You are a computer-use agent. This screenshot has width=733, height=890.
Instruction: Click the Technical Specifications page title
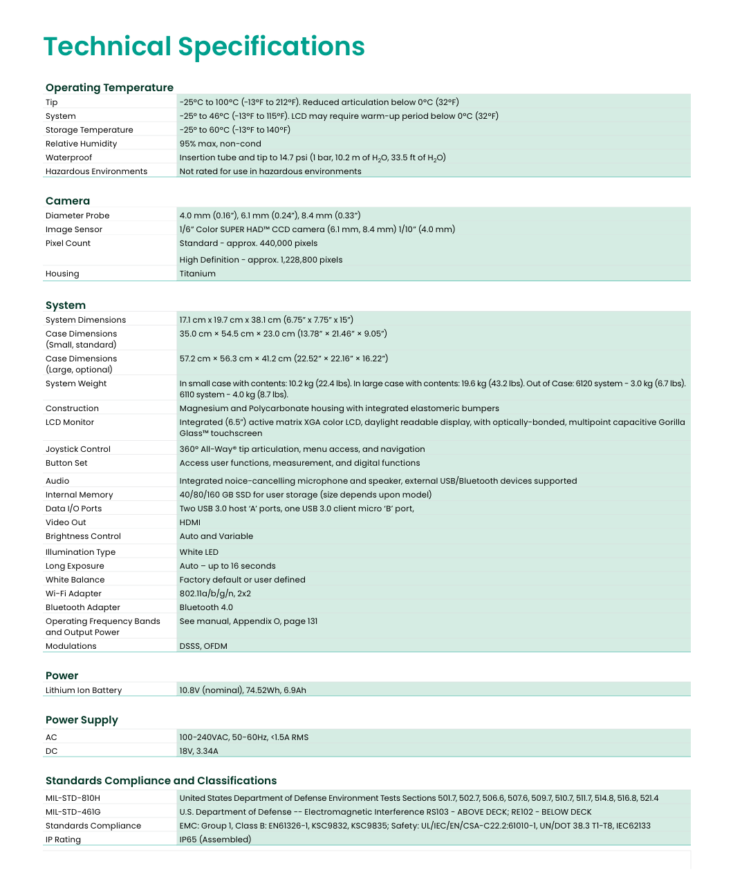click(x=204, y=46)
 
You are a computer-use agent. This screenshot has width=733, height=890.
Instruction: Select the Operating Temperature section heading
click(x=109, y=88)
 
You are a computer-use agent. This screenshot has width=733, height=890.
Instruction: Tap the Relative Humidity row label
click(x=81, y=144)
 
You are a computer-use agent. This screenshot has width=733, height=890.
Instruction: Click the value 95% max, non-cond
click(x=220, y=144)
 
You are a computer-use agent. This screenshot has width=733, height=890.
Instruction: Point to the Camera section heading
click(x=68, y=201)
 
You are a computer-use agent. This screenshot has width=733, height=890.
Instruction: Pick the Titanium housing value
click(x=197, y=274)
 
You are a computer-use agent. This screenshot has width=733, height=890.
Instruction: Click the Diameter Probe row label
click(x=77, y=216)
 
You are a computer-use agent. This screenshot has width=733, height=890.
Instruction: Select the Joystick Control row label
click(x=78, y=449)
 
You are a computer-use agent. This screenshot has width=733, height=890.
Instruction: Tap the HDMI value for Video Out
click(x=189, y=522)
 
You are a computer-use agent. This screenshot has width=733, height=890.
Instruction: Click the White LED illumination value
click(x=198, y=552)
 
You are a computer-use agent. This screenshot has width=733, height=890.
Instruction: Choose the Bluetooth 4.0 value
click(x=206, y=607)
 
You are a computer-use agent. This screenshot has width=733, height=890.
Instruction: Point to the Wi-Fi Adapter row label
click(x=73, y=594)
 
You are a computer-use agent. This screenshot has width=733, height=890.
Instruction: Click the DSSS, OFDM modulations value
click(x=203, y=646)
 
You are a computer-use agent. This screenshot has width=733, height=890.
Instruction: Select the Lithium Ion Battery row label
click(x=84, y=690)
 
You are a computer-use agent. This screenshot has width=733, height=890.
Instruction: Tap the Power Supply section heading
click(x=82, y=720)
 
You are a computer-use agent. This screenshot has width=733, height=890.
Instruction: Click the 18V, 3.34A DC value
click(x=198, y=751)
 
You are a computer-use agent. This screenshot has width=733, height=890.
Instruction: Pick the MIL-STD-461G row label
click(x=73, y=812)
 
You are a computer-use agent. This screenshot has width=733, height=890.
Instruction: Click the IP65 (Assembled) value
click(x=215, y=840)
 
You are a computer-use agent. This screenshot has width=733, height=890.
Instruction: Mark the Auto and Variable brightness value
click(x=216, y=536)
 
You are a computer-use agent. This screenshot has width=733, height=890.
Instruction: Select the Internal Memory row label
click(x=79, y=495)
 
